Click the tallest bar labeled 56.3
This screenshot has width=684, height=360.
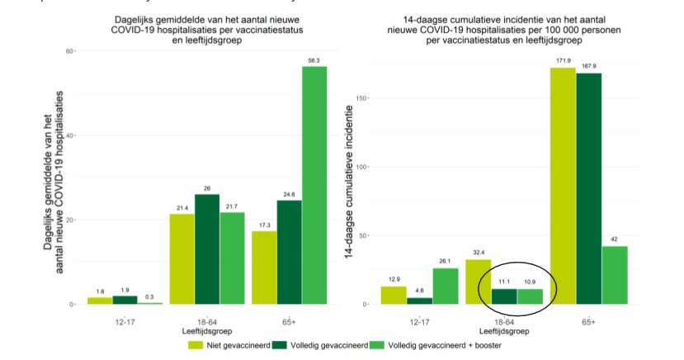[x=314, y=185]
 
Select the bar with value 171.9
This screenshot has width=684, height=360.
[x=563, y=186]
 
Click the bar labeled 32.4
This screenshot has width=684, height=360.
[x=479, y=282]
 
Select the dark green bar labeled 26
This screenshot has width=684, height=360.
[x=207, y=249]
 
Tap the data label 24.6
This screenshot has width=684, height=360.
[x=290, y=194]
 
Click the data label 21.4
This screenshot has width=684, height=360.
[x=182, y=208]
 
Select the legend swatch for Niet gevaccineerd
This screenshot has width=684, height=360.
[x=197, y=344]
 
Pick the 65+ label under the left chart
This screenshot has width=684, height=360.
[x=290, y=321]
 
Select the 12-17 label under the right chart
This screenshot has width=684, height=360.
[x=418, y=321]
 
